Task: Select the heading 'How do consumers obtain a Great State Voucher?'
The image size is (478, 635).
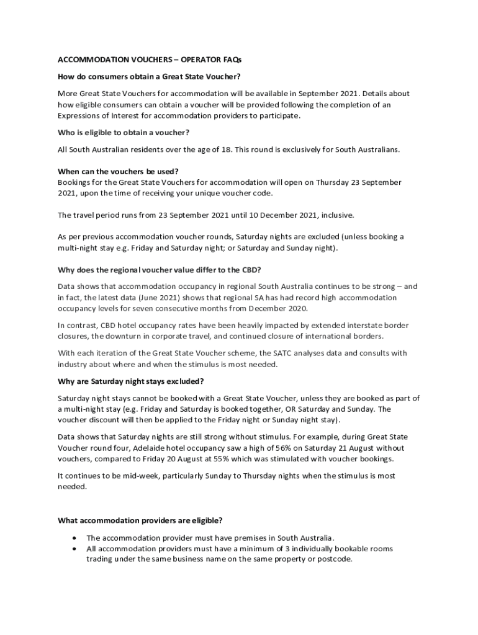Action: point(149,77)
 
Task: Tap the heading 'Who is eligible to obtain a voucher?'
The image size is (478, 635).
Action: point(124,133)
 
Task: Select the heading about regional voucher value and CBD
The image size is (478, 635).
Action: point(160,270)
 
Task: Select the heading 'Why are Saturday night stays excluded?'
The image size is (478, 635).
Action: point(131,381)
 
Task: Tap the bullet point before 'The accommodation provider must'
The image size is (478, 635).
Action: point(75,538)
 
